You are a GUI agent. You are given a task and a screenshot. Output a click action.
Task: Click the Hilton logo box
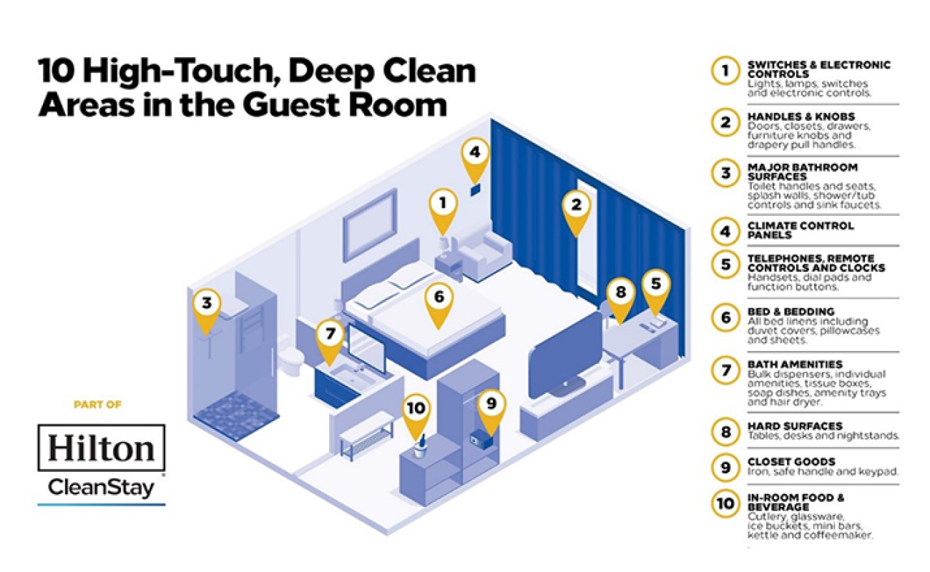(x=102, y=448)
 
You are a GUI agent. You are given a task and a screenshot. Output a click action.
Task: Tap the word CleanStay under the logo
(x=101, y=488)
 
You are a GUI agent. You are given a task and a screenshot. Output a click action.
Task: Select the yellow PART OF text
(x=97, y=405)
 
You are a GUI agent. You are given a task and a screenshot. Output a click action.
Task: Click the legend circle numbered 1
(x=725, y=71)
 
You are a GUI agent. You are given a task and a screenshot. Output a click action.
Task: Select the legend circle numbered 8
(x=725, y=432)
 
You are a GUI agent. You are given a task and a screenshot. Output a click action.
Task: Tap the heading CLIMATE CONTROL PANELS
(x=801, y=230)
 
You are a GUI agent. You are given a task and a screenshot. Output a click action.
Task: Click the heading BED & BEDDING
(x=791, y=311)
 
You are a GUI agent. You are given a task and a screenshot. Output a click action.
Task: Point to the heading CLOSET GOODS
(x=791, y=462)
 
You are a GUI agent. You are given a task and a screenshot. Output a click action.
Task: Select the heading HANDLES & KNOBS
(x=801, y=117)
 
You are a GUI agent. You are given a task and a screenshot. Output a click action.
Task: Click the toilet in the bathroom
(x=291, y=360)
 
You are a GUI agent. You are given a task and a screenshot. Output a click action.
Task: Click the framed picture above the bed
(x=369, y=226)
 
